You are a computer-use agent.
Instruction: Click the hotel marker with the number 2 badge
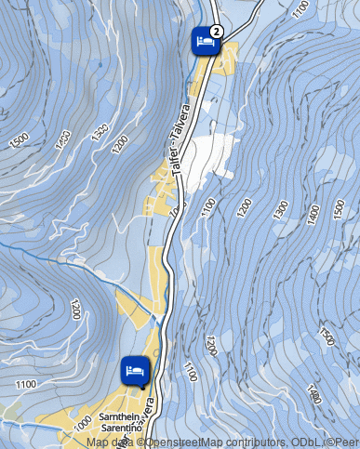click(x=205, y=42)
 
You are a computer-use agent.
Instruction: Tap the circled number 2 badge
click(x=215, y=30)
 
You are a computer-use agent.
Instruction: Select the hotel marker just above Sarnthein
click(x=136, y=369)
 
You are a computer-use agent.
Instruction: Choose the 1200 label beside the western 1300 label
click(x=119, y=144)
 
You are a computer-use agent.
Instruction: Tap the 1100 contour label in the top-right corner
click(x=299, y=11)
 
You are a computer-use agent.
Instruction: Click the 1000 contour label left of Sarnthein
click(x=81, y=420)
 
